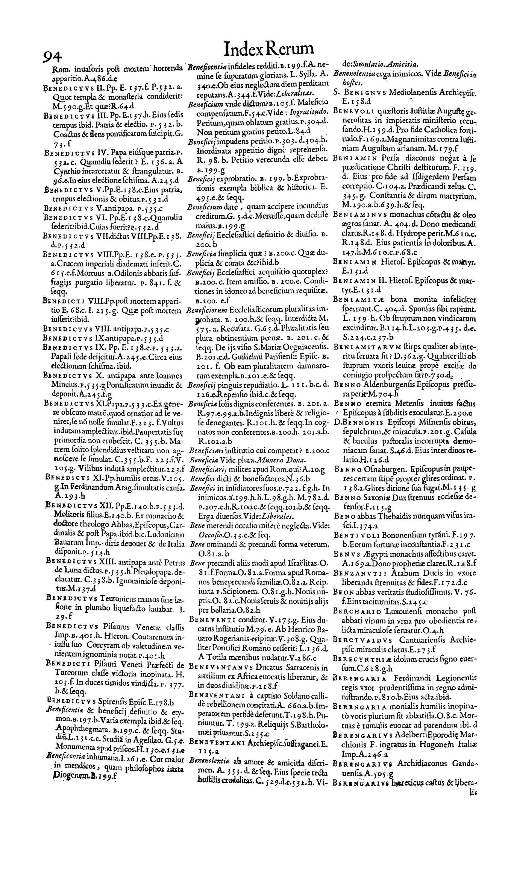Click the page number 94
pos(52,57)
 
